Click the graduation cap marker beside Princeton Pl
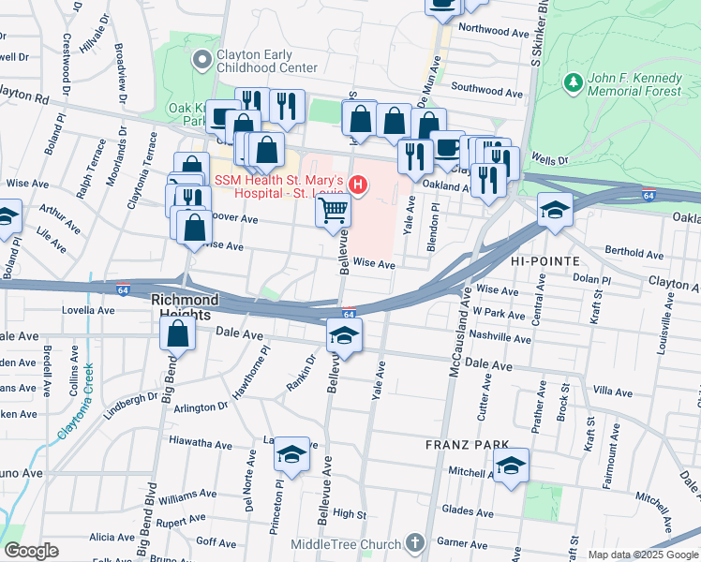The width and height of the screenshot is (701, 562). coord(291,455)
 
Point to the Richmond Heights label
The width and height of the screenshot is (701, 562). coord(185,301)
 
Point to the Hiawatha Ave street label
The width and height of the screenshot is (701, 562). coord(200,439)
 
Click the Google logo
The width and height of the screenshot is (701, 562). coord(31,551)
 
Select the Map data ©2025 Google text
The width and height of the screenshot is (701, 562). coord(643,554)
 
